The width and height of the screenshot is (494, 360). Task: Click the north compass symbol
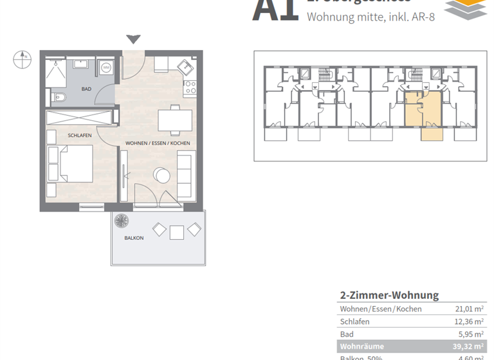click(x=22, y=59)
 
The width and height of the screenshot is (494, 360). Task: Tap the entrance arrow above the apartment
click(x=133, y=40)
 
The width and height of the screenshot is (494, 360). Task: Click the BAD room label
click(x=86, y=89)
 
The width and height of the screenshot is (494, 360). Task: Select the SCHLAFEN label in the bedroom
click(x=79, y=135)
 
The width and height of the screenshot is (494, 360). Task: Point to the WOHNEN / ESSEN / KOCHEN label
click(x=158, y=142)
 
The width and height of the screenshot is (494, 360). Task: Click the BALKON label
click(x=134, y=237)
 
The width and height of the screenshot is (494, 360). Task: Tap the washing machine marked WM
click(x=106, y=67)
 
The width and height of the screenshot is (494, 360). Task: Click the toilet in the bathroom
click(x=59, y=98)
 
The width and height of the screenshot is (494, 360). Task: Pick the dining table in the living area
click(x=174, y=120)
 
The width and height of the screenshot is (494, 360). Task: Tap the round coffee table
click(x=161, y=175)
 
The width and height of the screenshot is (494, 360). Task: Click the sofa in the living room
click(x=185, y=175)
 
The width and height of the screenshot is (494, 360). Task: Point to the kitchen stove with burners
click(x=190, y=87)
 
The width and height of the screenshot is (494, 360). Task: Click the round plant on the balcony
click(x=121, y=221)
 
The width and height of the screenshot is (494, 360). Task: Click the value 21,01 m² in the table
click(x=469, y=309)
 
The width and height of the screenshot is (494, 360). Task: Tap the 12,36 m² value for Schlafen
click(x=469, y=321)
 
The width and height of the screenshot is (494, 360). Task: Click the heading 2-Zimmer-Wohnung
click(x=389, y=295)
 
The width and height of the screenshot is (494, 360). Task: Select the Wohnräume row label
click(x=361, y=347)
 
